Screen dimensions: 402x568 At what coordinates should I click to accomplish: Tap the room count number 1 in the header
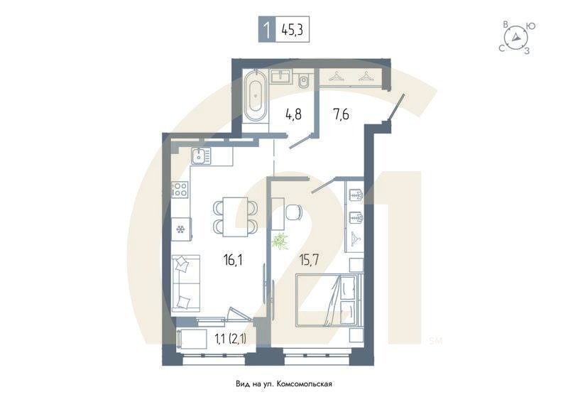pos(266,31)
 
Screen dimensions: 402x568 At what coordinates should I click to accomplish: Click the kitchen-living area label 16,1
pos(232,260)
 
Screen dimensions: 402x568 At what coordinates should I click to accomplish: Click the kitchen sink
pos(200,155)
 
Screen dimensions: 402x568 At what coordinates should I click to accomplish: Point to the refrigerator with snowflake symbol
pos(181,229)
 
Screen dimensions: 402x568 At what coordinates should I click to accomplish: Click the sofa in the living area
pos(186,283)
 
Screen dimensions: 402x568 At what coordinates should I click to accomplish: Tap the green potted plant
pos(280,240)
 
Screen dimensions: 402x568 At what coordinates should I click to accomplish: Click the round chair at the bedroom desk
pos(294,212)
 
